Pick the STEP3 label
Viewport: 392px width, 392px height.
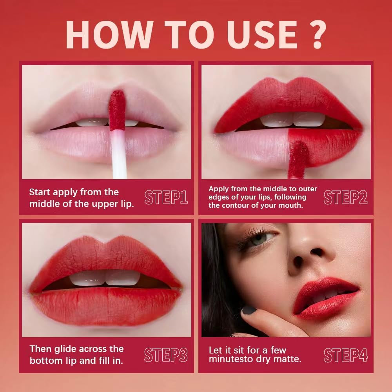(x=166, y=355)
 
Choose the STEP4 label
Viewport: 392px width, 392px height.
(x=345, y=355)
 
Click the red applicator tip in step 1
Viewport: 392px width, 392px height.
(x=117, y=110)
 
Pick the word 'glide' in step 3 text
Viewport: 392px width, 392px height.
(x=65, y=349)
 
